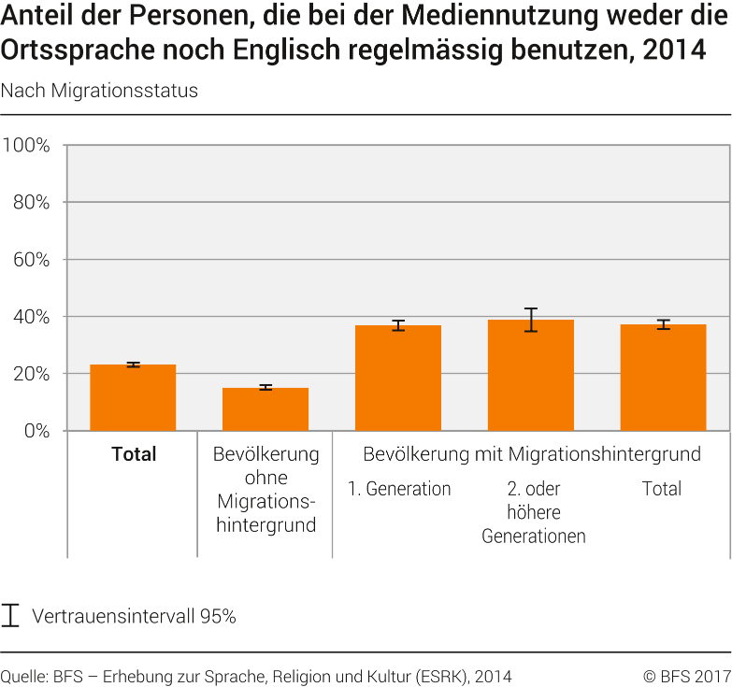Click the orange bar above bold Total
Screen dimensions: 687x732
[133, 398]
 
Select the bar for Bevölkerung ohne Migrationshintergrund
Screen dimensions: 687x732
[266, 409]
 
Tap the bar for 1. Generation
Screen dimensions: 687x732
[398, 379]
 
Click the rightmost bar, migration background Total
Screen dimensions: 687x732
[663, 378]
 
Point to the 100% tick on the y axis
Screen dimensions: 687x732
[32, 145]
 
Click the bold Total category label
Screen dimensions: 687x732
[134, 455]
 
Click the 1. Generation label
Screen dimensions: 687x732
[399, 489]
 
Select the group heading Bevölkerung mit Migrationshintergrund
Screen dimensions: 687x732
[531, 455]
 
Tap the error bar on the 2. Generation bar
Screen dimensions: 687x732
[531, 320]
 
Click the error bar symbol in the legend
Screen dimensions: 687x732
[11, 616]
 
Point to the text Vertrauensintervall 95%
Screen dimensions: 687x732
[134, 617]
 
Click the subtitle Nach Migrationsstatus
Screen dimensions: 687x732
[99, 91]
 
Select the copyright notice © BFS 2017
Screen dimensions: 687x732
[686, 676]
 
